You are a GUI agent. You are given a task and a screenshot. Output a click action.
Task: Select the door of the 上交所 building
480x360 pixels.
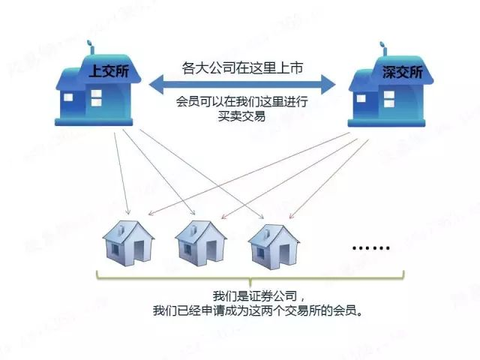pyautogui.click(x=71, y=104)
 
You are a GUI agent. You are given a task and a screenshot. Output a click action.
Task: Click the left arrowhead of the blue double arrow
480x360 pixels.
pyautogui.click(x=154, y=82)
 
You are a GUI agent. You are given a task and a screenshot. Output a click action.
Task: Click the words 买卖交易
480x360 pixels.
pyautogui.click(x=241, y=116)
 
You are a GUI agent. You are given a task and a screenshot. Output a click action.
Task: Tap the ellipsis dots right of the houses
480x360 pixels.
pyautogui.click(x=370, y=247)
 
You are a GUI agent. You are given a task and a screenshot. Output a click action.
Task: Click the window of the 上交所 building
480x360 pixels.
pyautogui.click(x=97, y=95)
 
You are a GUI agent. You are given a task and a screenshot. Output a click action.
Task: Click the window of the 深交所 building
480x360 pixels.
pyautogui.click(x=388, y=96)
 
